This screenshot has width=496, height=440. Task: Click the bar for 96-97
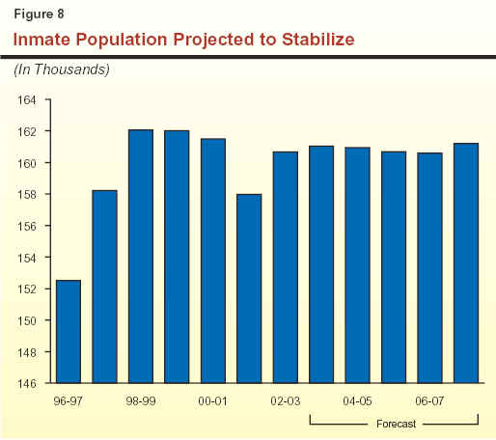(x=69, y=331)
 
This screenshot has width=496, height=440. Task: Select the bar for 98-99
(x=141, y=257)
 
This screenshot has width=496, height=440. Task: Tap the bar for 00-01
(x=213, y=261)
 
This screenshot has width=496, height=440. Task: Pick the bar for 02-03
(x=286, y=267)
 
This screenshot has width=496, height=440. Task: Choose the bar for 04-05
(x=358, y=265)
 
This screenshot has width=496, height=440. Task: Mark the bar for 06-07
(x=429, y=268)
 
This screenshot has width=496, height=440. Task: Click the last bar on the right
(x=466, y=263)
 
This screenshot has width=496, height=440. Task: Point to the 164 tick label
(x=27, y=100)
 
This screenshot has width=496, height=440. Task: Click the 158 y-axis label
(x=27, y=195)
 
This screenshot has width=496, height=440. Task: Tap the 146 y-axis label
(x=27, y=383)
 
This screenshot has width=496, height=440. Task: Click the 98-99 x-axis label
(x=141, y=401)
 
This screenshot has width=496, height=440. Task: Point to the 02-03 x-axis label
(x=286, y=401)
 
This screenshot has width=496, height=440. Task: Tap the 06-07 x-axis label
(x=429, y=401)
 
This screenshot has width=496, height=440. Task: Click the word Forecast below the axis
(x=396, y=424)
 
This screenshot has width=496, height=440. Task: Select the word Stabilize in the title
(x=318, y=40)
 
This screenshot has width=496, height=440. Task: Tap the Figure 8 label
(x=39, y=14)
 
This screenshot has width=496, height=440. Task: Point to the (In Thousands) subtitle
(x=62, y=69)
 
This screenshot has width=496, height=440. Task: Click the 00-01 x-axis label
(x=213, y=401)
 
